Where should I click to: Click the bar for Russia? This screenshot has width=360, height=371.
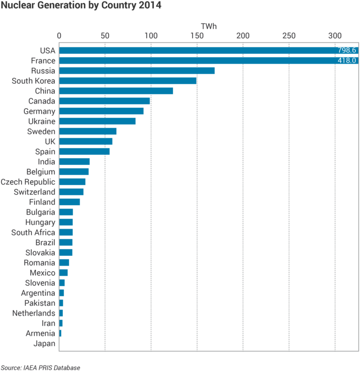(137, 71)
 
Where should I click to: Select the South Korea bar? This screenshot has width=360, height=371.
(127, 81)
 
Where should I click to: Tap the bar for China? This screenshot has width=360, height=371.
(116, 91)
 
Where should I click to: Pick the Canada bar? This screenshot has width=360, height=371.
(105, 101)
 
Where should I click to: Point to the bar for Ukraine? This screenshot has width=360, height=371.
(97, 121)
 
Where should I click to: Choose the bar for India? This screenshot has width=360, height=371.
(74, 162)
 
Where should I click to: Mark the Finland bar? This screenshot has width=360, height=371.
(69, 202)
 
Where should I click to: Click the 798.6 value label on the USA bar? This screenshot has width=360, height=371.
(347, 51)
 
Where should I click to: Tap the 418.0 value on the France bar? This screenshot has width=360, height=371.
(347, 61)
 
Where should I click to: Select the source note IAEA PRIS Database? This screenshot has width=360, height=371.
(40, 367)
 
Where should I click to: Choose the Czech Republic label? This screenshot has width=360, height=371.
(28, 182)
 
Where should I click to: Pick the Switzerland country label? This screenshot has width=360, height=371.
(35, 192)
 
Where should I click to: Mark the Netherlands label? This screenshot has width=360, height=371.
(34, 313)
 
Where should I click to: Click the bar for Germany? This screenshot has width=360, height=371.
(101, 111)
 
